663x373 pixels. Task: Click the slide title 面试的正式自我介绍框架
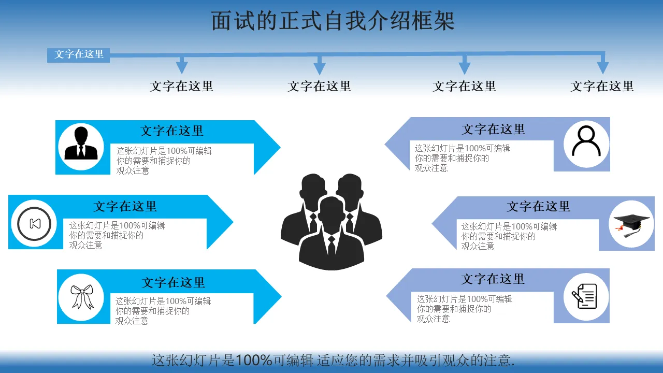(x=333, y=22)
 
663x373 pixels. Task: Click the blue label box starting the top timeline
(x=79, y=54)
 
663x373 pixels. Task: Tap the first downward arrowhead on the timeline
(x=181, y=67)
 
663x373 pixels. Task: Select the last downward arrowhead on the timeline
(x=602, y=67)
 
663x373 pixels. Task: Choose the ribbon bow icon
(x=82, y=296)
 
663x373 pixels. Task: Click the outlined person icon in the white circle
(x=586, y=141)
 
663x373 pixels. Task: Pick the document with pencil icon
(x=586, y=296)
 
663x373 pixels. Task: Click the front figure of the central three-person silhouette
(x=331, y=236)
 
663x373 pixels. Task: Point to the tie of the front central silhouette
(x=331, y=246)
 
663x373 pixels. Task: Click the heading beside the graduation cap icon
(x=538, y=207)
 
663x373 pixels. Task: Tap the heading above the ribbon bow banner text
(x=174, y=283)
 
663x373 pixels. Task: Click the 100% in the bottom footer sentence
(x=254, y=361)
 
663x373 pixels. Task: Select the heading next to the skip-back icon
(x=125, y=206)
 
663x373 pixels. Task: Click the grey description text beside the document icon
(x=464, y=309)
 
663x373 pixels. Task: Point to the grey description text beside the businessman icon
(x=164, y=161)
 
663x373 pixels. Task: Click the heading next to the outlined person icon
(x=493, y=129)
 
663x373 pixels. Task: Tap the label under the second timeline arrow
(x=319, y=86)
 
